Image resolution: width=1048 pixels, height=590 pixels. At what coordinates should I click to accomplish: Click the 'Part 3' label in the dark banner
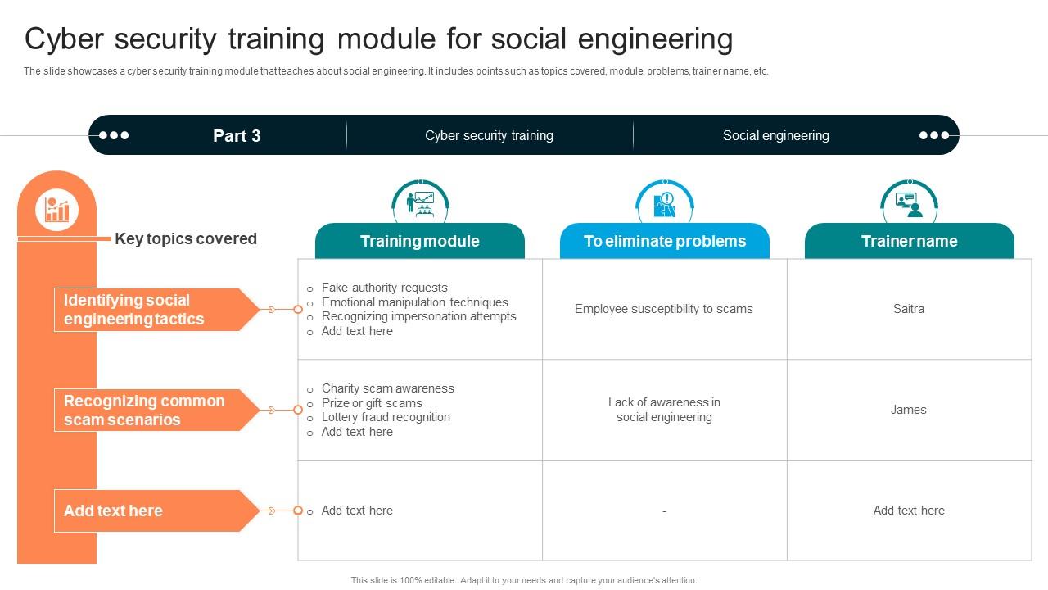[237, 136]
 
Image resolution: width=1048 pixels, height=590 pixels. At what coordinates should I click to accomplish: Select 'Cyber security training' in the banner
[489, 136]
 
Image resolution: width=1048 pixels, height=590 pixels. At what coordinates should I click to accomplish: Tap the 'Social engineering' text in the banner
[775, 136]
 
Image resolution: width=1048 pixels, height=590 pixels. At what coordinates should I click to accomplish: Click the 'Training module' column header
[419, 241]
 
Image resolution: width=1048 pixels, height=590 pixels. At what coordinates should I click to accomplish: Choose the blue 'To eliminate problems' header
[664, 241]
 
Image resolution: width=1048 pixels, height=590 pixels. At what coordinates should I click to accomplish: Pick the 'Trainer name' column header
[909, 241]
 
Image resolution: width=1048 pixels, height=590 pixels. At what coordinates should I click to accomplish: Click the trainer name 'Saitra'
[908, 309]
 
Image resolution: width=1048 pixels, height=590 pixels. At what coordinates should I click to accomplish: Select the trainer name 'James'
[908, 410]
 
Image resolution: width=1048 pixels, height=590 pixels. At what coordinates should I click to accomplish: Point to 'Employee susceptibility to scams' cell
[663, 309]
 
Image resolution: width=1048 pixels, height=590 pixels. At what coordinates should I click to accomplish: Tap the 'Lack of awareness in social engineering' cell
[664, 410]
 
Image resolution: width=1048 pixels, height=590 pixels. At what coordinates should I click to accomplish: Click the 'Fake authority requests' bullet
[384, 288]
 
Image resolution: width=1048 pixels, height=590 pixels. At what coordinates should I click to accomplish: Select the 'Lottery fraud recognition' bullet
[386, 417]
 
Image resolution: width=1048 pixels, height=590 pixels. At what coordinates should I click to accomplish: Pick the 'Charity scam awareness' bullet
[387, 388]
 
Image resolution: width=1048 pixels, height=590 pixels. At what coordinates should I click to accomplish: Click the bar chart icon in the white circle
[56, 210]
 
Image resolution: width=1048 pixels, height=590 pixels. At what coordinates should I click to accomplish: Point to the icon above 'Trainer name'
[909, 203]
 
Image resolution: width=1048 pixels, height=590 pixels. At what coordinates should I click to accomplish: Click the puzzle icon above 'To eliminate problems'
[664, 203]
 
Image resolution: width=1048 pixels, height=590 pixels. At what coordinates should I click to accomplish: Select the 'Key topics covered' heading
[186, 238]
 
